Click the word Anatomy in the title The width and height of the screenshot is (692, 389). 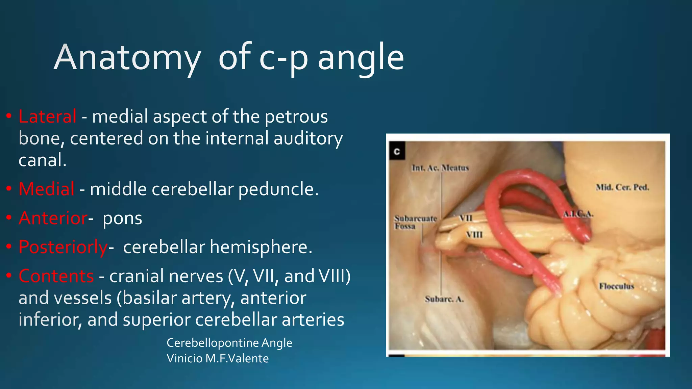[x=127, y=57]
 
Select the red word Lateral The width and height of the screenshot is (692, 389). [x=47, y=116]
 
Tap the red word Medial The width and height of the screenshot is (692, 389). [x=46, y=189]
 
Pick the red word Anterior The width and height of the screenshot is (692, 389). [x=53, y=218]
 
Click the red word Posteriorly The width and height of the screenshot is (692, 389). [x=63, y=247]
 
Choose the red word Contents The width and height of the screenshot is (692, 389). [x=56, y=276]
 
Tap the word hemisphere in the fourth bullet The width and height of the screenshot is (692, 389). [x=261, y=247]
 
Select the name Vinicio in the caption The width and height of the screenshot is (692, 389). [x=184, y=358]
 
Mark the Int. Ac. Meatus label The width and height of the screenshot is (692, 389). [x=440, y=168]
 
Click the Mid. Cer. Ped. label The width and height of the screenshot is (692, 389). [x=622, y=187]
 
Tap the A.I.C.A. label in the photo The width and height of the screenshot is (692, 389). [x=578, y=214]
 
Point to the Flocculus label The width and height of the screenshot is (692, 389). [x=616, y=286]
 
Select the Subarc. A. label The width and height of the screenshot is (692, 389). [x=444, y=299]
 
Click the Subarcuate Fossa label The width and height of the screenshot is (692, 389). [x=415, y=222]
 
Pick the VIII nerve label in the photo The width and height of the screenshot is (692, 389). [x=474, y=234]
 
